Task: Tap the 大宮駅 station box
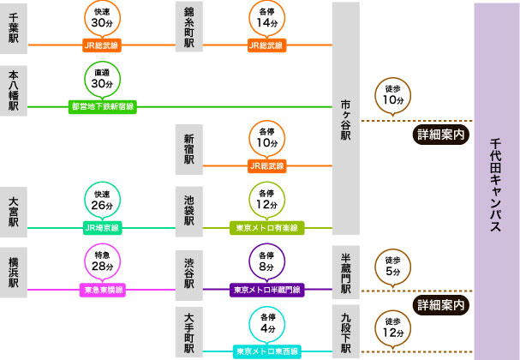pyautogui.click(x=15, y=211)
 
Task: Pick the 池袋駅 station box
pyautogui.click(x=189, y=211)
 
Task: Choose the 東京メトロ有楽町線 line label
pyautogui.click(x=266, y=228)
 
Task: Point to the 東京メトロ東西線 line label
pyautogui.click(x=266, y=351)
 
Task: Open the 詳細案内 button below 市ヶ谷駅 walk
pyautogui.click(x=442, y=135)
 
